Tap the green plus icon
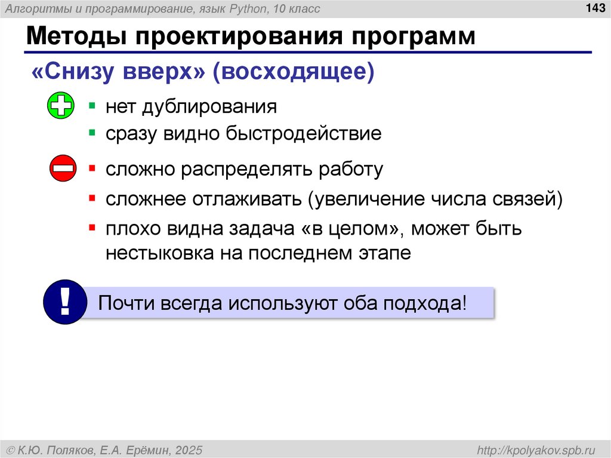[x=60, y=106]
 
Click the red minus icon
[x=62, y=169]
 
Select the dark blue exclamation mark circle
[x=65, y=302]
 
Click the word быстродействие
[x=303, y=133]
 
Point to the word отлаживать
[x=246, y=198]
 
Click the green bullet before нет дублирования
[x=92, y=106]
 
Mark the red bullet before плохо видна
[x=92, y=227]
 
